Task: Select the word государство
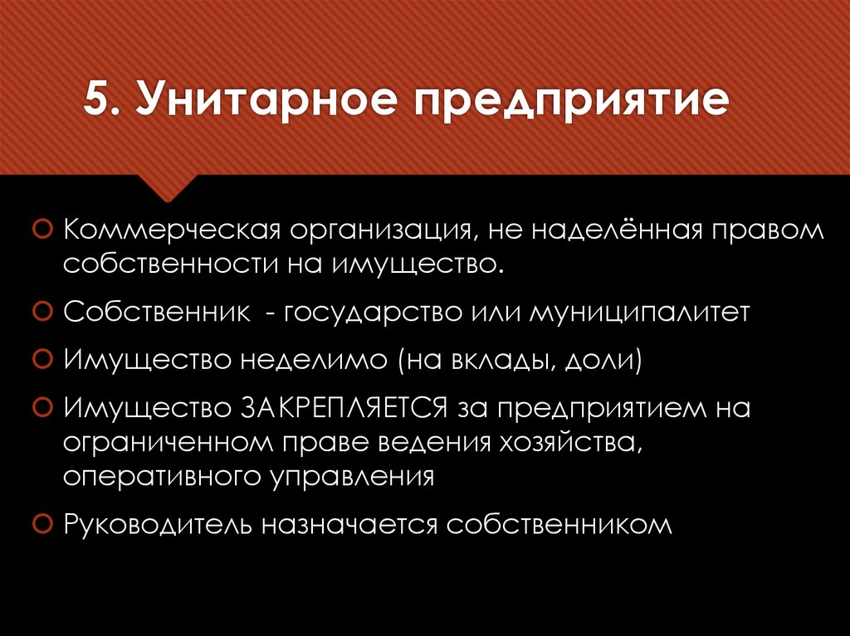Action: (370, 313)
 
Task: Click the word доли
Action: (605, 361)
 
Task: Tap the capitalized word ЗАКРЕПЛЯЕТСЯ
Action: (345, 408)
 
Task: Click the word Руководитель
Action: (158, 525)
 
